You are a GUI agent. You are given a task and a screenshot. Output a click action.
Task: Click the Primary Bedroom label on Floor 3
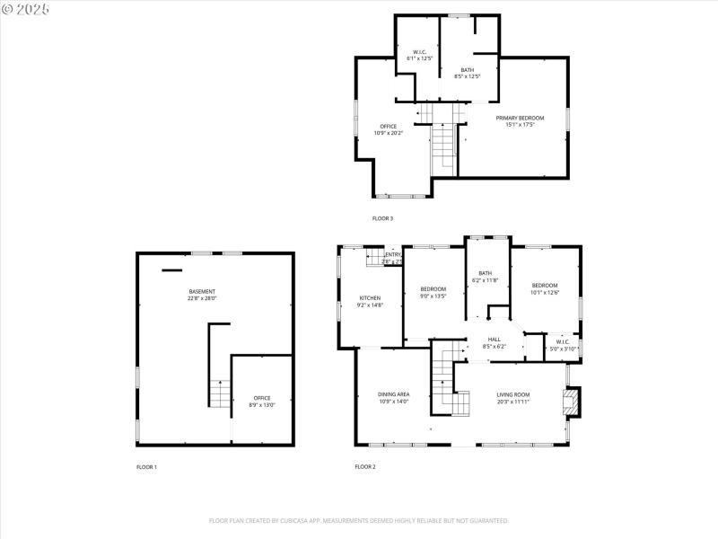[515, 121]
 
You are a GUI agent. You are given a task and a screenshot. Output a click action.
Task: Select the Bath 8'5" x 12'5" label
[468, 73]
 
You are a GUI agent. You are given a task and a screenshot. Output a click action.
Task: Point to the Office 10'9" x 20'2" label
[388, 129]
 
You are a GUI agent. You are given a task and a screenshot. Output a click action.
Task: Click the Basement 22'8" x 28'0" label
[202, 295]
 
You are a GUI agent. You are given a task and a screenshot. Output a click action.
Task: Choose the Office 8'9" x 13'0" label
[261, 402]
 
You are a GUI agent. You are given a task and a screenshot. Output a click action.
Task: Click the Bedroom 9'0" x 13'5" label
[433, 292]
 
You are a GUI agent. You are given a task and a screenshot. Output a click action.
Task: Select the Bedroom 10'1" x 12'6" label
[544, 288]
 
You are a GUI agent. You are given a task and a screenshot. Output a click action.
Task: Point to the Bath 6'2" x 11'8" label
[486, 277]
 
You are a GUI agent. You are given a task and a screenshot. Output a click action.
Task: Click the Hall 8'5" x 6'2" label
[495, 342]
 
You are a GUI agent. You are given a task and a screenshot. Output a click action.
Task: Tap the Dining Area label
[393, 398]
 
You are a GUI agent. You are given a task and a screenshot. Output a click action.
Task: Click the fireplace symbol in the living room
[571, 402]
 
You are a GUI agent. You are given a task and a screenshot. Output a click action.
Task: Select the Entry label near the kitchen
[392, 258]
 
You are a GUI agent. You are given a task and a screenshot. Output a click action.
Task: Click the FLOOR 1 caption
[146, 467]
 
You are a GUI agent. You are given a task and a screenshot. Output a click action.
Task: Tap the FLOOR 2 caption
[365, 467]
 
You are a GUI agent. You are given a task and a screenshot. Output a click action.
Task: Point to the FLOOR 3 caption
[382, 218]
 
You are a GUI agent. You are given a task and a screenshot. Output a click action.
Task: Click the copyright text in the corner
[26, 9]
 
